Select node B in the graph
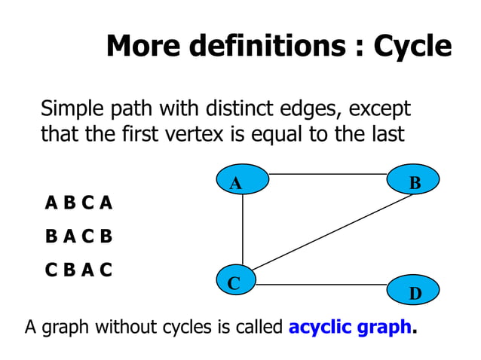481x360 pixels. pyautogui.click(x=414, y=182)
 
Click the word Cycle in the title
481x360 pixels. pyautogui.click(x=413, y=47)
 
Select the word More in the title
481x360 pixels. pyautogui.click(x=144, y=47)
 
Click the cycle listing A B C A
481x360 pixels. pyautogui.click(x=78, y=203)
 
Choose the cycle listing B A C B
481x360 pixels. pyautogui.click(x=78, y=236)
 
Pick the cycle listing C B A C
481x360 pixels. pyautogui.click(x=78, y=270)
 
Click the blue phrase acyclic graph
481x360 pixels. pyautogui.click(x=350, y=328)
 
